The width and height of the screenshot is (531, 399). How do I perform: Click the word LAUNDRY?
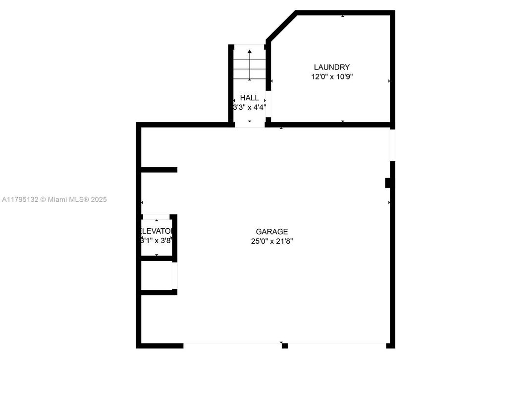[x=331, y=67]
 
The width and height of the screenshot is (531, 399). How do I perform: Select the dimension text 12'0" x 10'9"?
[x=331, y=77]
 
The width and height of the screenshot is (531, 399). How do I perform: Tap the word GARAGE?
[x=271, y=231]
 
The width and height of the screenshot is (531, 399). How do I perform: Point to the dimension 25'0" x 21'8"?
[x=271, y=241]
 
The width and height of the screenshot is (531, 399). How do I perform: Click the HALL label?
[x=249, y=98]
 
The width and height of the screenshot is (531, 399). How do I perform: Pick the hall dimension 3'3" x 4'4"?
[x=250, y=107]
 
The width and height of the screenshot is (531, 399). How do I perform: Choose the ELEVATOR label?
[x=157, y=231]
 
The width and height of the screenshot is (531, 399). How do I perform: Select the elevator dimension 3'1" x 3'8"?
[x=157, y=241]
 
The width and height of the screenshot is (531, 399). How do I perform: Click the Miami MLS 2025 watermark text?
[x=54, y=199]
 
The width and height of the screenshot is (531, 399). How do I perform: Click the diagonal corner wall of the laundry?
[x=281, y=25]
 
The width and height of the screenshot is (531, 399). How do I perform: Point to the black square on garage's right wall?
[x=389, y=183]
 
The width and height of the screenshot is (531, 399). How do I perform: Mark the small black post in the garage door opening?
[x=284, y=346]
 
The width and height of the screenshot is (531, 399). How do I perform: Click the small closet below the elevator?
[x=157, y=275]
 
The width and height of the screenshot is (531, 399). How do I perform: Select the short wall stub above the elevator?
[x=159, y=170]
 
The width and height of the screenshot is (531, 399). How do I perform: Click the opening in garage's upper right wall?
[x=392, y=144]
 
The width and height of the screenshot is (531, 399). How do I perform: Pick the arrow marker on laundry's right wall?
[x=389, y=81]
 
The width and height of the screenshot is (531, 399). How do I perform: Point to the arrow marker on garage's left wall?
[x=142, y=202]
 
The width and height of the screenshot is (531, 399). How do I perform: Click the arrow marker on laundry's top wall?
[x=343, y=16]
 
